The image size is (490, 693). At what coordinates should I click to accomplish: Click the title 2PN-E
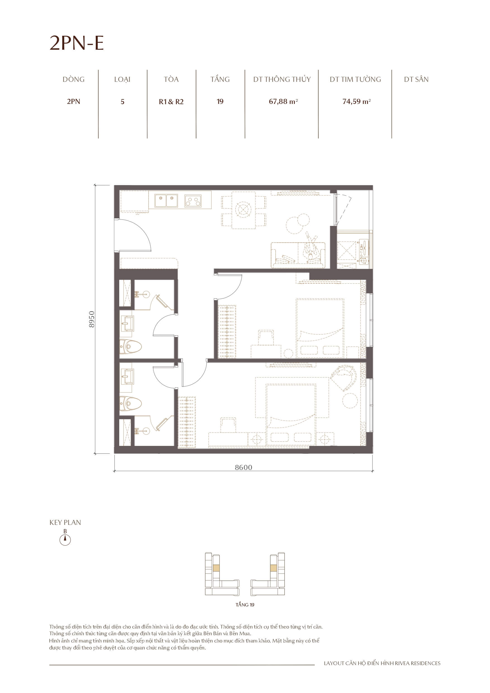pos(77,43)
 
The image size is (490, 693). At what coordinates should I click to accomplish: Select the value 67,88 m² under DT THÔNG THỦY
pos(283,101)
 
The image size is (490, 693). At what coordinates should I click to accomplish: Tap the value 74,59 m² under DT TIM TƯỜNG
pos(356,101)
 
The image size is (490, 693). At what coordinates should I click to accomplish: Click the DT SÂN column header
pos(416,79)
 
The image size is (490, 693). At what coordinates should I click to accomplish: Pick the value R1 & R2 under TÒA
pos(171,102)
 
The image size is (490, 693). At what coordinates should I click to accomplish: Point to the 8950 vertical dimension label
pos(92,319)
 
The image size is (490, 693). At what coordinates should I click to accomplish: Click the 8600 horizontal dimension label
pos(243,467)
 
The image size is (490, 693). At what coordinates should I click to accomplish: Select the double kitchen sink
pos(166,201)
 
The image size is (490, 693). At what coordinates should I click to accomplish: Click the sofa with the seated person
pos(298,255)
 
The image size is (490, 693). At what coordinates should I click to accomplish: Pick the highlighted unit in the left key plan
pos(216,568)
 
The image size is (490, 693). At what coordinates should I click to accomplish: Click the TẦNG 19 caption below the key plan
pos(245,604)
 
